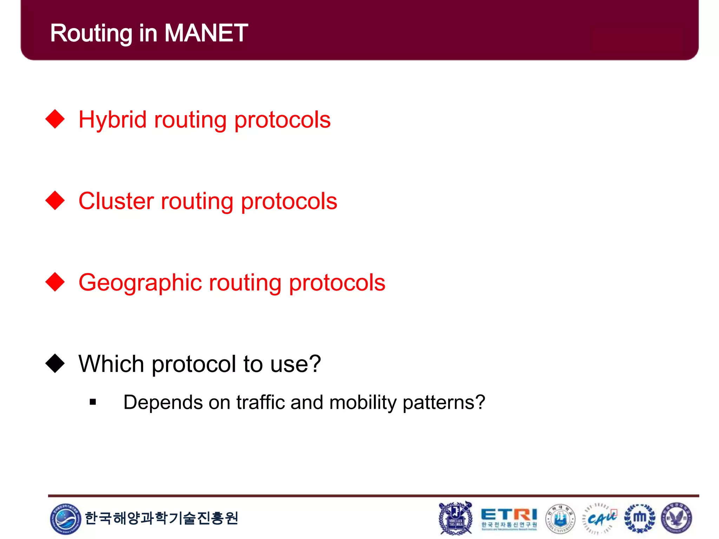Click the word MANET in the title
206,33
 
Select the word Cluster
116,201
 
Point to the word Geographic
140,283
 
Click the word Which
111,364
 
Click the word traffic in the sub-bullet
260,402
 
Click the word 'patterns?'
444,403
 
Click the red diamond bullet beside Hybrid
55,119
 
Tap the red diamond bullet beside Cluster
55,200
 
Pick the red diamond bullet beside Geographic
55,282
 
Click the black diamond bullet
55,363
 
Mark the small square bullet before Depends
93,402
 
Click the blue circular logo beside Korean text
65,519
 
